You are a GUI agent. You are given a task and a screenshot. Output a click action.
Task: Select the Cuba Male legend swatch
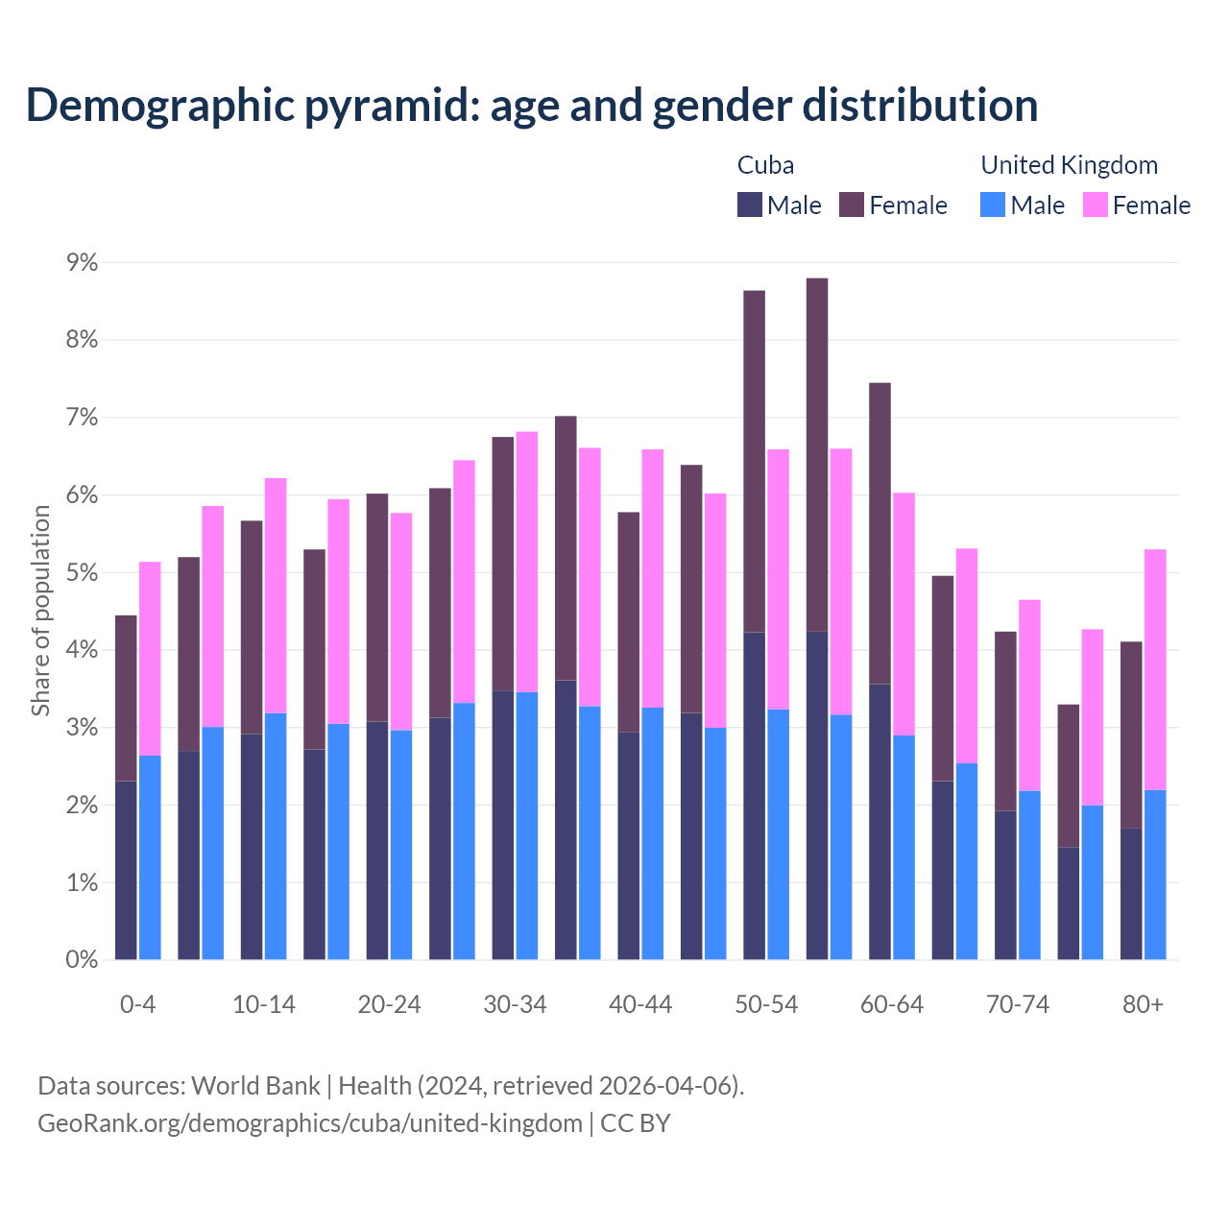750,205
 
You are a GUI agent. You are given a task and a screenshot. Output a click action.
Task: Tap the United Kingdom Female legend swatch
1095,205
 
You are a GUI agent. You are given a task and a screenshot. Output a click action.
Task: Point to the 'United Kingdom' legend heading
1069,165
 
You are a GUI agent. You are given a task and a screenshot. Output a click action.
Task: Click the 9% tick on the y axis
82,262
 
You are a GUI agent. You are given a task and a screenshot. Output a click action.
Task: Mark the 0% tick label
82,959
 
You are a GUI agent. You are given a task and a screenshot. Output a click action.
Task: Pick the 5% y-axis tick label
82,572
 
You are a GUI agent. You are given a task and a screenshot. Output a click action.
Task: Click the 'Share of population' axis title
40,611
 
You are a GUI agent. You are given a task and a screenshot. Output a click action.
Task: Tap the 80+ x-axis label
1143,1004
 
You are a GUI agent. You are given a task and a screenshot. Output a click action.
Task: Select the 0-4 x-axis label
137,1004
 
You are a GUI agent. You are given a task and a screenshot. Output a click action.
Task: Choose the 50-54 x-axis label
766,1004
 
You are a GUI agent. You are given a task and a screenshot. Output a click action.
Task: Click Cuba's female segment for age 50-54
755,461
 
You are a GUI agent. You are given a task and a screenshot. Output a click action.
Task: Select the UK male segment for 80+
1155,874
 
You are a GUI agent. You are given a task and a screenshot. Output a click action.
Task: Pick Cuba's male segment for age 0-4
126,870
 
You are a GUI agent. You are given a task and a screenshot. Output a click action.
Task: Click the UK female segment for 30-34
527,562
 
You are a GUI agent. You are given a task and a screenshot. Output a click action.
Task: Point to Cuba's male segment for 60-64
880,821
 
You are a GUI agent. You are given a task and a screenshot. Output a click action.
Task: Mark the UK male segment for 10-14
276,835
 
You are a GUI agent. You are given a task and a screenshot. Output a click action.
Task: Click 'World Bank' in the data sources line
255,1086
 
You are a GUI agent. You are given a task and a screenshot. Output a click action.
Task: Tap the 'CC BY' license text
635,1123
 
